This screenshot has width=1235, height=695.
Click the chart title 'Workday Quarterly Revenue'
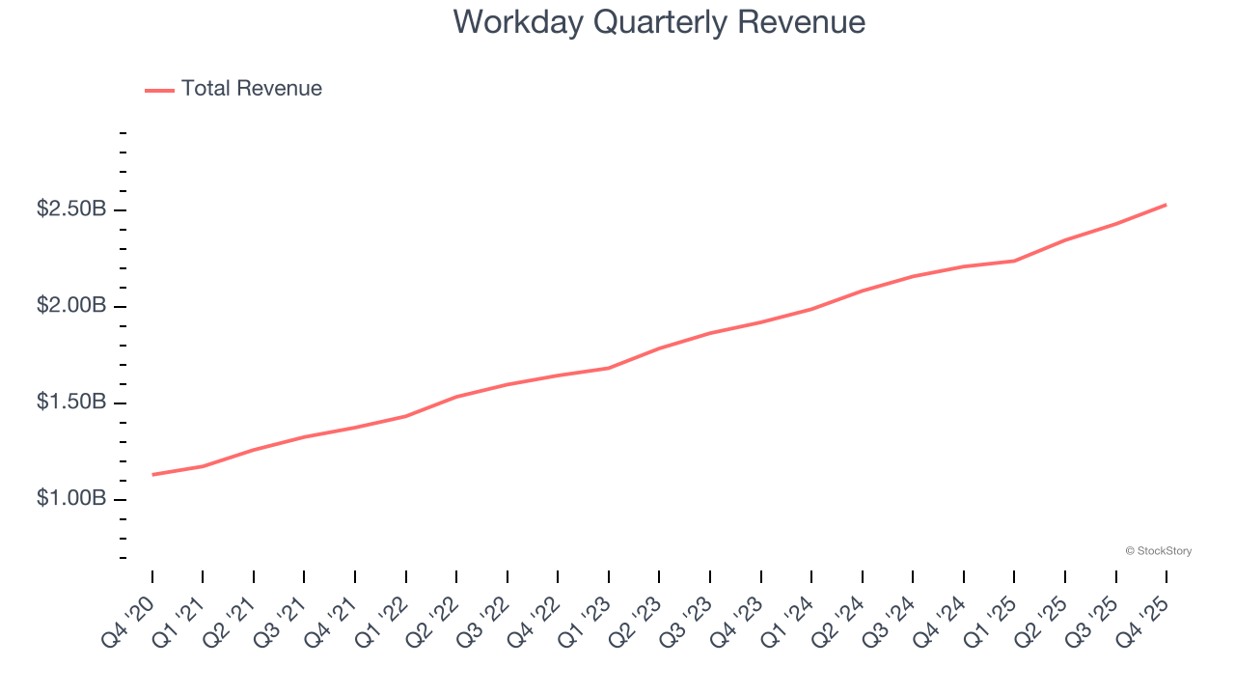tap(659, 22)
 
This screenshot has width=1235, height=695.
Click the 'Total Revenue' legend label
tap(251, 89)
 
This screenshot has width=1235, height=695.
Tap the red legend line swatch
tap(159, 90)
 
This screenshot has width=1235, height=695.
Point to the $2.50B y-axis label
tap(71, 209)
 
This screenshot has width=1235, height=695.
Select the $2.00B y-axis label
tap(71, 306)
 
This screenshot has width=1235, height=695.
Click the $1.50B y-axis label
tap(71, 403)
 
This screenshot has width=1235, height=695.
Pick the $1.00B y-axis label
tap(71, 499)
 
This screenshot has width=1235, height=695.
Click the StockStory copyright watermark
tap(1158, 551)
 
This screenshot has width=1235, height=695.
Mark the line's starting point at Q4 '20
tap(152, 475)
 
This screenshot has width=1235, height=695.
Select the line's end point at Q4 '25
tap(1166, 205)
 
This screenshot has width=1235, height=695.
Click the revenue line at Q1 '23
tap(609, 368)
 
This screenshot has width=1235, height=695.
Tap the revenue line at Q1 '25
tap(1014, 261)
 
